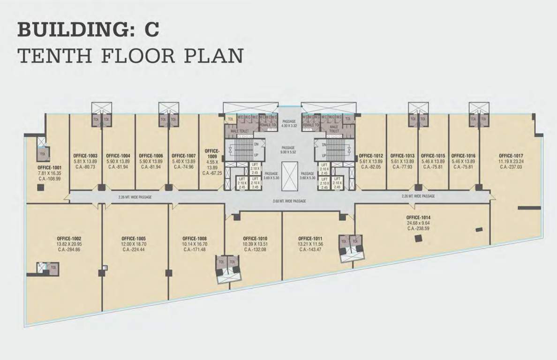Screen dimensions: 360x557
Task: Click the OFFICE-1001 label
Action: tap(50, 167)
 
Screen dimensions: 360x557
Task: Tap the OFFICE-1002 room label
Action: tap(69, 238)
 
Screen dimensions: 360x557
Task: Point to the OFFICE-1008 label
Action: tap(195, 238)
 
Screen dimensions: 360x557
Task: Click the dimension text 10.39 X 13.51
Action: tap(255, 244)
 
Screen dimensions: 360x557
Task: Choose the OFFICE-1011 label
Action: tap(310, 238)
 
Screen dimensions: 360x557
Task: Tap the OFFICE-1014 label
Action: tap(419, 217)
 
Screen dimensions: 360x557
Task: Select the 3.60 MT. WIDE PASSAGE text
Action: tap(289, 201)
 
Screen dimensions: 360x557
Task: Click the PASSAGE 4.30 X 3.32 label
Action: tap(289, 124)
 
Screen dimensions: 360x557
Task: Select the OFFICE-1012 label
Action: tap(371, 156)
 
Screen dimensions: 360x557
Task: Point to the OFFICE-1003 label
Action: tap(86, 156)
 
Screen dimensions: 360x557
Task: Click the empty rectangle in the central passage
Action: tap(289, 176)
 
